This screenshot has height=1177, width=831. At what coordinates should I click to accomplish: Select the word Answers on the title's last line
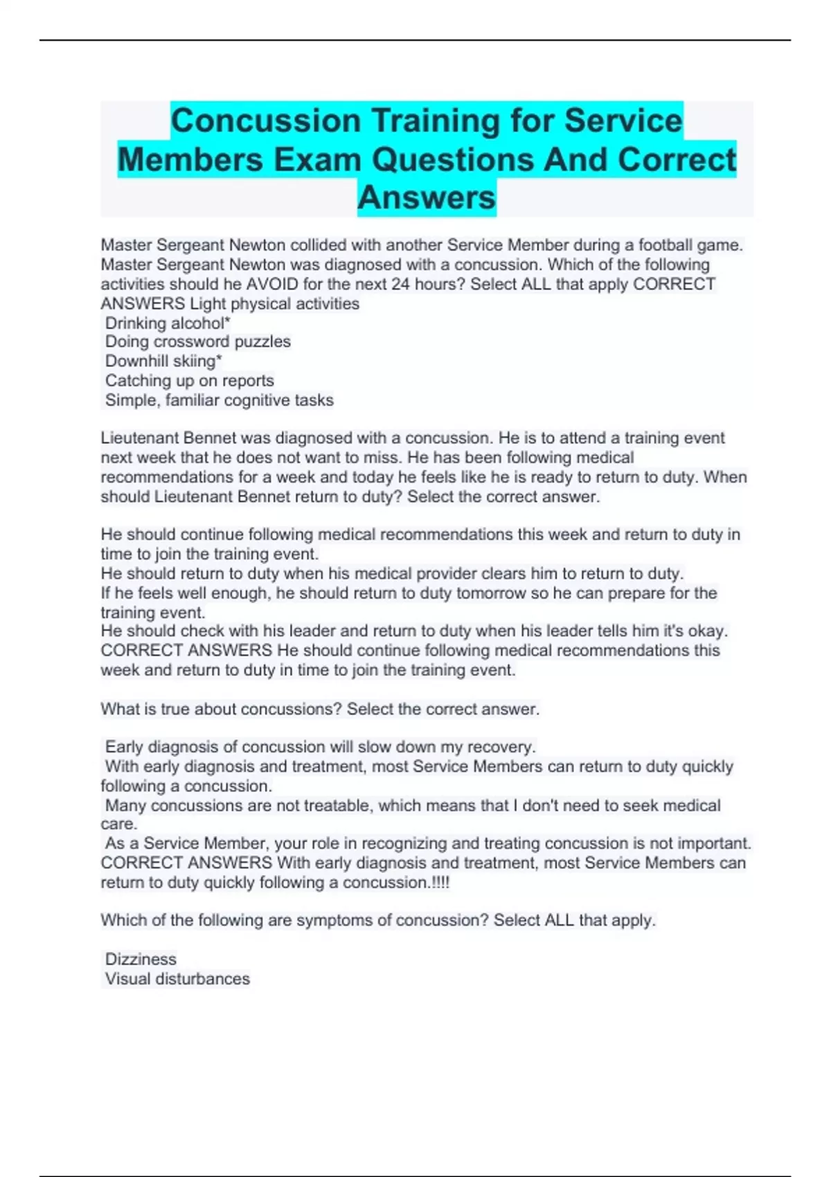(x=427, y=197)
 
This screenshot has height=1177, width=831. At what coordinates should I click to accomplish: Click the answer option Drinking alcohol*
(x=167, y=323)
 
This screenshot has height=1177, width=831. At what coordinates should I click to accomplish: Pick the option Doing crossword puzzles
(x=197, y=342)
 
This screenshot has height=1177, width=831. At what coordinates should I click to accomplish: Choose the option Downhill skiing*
(x=163, y=361)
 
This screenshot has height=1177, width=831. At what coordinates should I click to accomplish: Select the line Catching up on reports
(x=189, y=381)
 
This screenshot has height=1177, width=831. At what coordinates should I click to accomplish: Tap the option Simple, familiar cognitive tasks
(x=219, y=400)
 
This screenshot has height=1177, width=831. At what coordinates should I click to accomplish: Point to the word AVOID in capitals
(x=269, y=285)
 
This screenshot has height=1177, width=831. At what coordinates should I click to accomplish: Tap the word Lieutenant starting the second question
(x=139, y=438)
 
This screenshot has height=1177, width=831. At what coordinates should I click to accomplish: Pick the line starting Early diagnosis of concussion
(x=320, y=747)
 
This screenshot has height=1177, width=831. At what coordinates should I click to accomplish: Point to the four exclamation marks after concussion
(x=440, y=883)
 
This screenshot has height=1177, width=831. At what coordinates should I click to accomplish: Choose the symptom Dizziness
(x=141, y=960)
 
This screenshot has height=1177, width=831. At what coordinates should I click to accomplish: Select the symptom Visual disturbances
(x=177, y=979)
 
